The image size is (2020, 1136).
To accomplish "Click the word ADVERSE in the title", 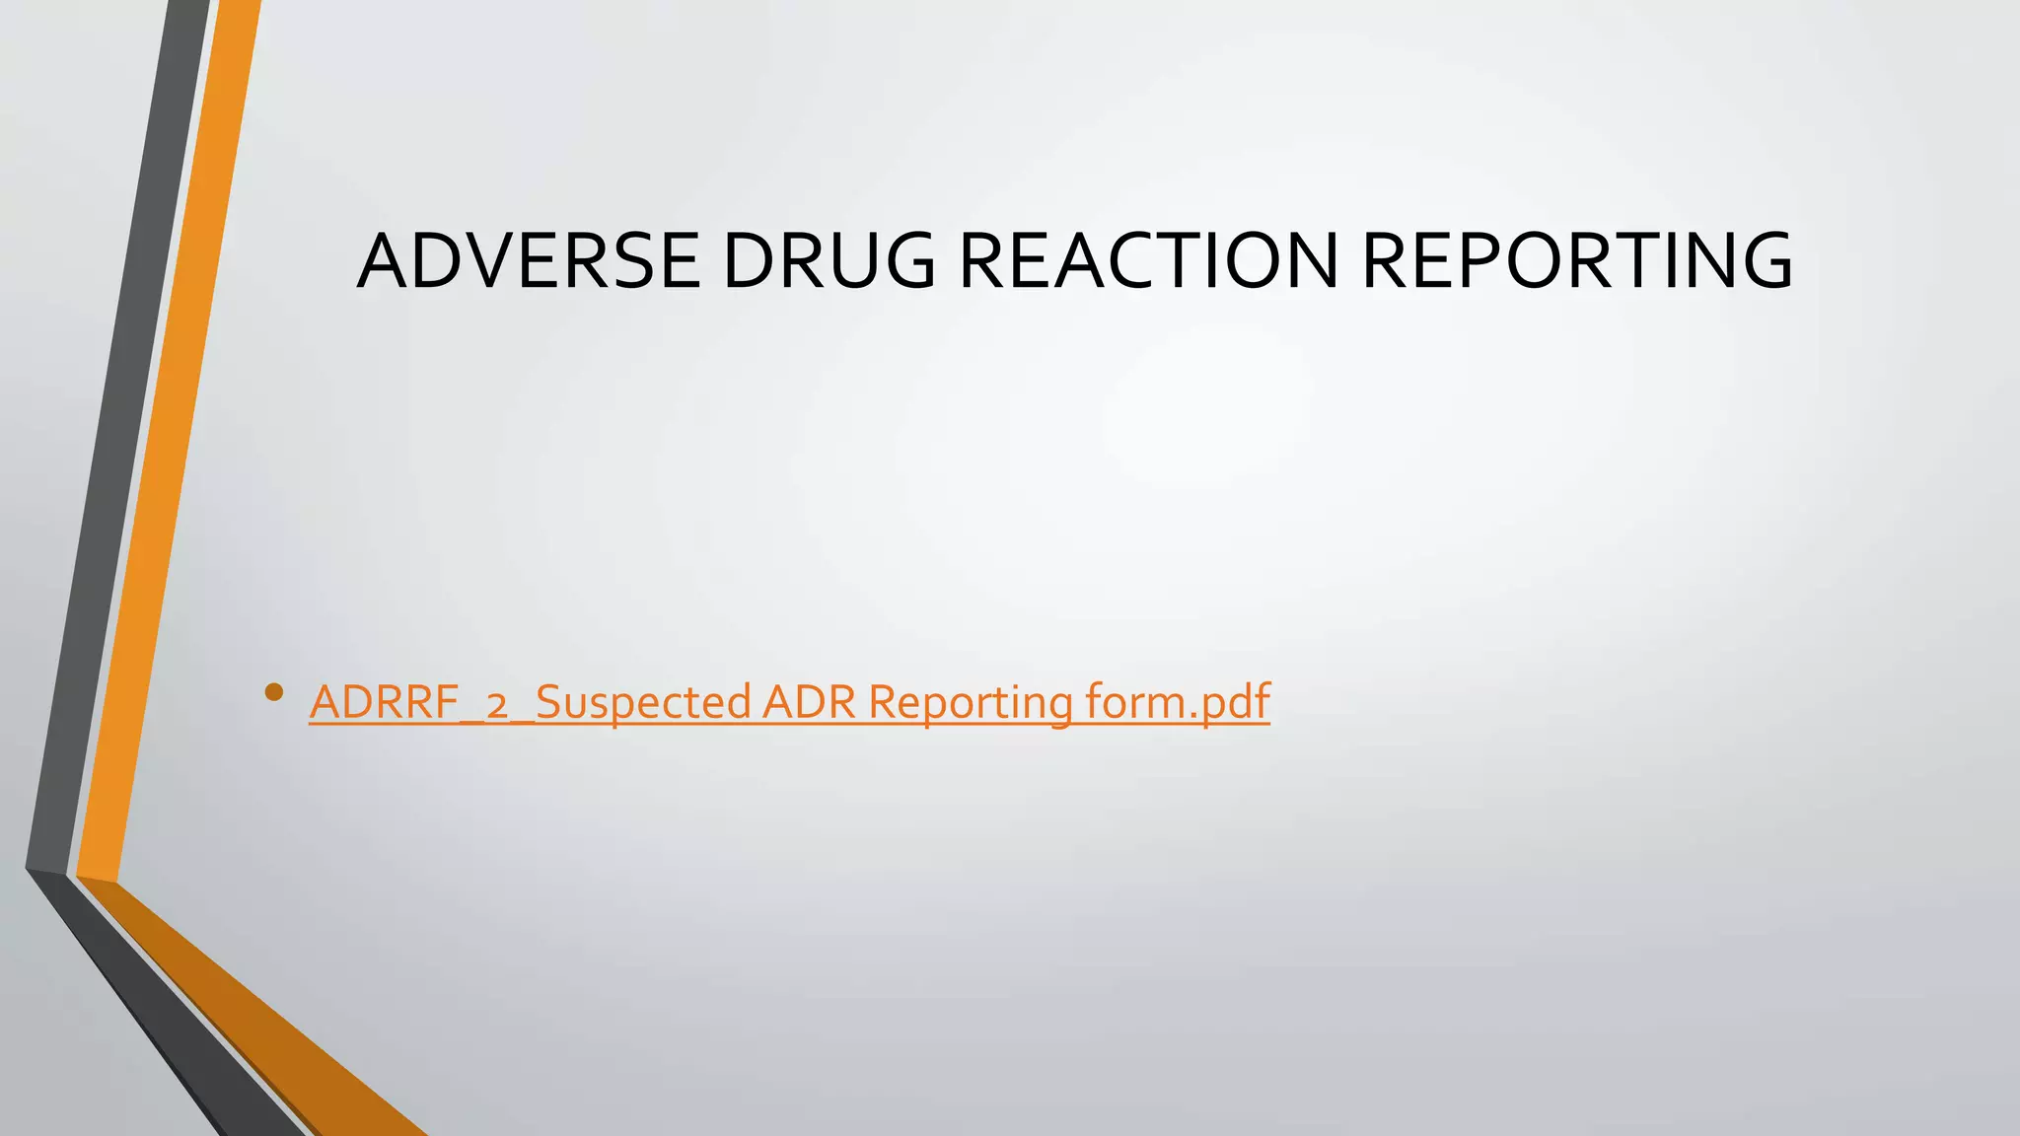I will (529, 261).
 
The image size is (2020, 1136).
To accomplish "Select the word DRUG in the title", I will (829, 261).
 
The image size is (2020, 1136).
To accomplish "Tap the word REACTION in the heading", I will (1149, 261).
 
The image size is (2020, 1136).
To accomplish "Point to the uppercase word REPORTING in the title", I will (1577, 261).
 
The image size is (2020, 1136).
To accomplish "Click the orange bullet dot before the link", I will (274, 693).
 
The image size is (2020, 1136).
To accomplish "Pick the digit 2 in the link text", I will (497, 705).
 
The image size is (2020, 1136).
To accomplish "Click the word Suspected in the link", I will (642, 703).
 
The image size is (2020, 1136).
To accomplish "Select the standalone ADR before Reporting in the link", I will (808, 703).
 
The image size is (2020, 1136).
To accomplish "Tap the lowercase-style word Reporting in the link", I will (971, 703).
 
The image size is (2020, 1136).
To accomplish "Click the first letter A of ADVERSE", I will (387, 261).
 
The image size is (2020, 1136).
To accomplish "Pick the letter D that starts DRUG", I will (752, 261).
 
